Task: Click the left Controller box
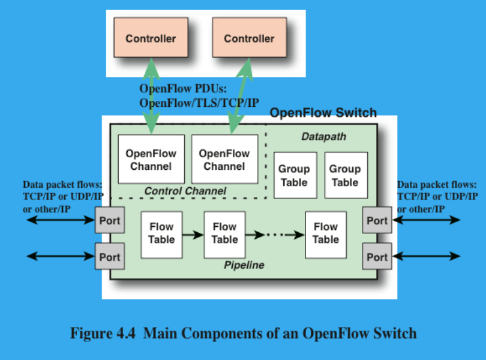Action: pyautogui.click(x=151, y=38)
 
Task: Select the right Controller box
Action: pyautogui.click(x=249, y=38)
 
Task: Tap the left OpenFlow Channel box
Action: pyautogui.click(x=151, y=160)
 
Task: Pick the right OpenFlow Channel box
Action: pyautogui.click(x=224, y=160)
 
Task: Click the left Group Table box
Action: pyautogui.click(x=294, y=175)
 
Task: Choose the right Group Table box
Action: pyautogui.click(x=346, y=175)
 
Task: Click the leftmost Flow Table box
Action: pyautogui.click(x=161, y=233)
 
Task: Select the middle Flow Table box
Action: pyautogui.click(x=225, y=233)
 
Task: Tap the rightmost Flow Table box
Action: pyautogui.click(x=326, y=233)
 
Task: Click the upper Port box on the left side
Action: pyautogui.click(x=110, y=220)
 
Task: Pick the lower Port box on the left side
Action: pyautogui.click(x=110, y=257)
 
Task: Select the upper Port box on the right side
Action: pyautogui.click(x=377, y=220)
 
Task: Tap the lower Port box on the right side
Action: pyautogui.click(x=377, y=257)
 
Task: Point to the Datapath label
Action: pyautogui.click(x=323, y=137)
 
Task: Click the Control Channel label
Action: pyautogui.click(x=185, y=191)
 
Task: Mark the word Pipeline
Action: pyautogui.click(x=244, y=265)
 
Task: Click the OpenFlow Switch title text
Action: pyautogui.click(x=323, y=113)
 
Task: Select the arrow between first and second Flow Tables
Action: pyautogui.click(x=193, y=234)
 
